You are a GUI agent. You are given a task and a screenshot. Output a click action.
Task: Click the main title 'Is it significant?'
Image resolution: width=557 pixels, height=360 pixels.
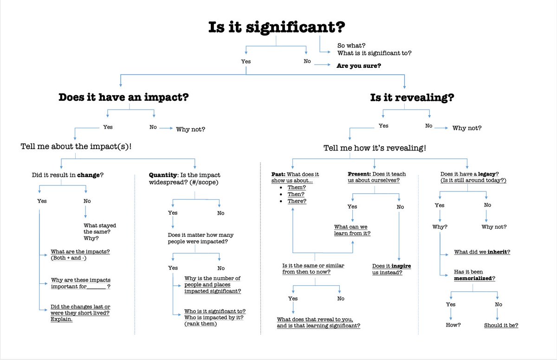[277, 27]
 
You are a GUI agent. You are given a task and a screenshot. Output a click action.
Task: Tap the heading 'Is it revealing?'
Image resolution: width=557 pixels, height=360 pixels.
[412, 98]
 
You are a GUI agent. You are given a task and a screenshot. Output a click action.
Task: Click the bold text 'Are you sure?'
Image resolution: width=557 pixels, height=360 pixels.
[359, 66]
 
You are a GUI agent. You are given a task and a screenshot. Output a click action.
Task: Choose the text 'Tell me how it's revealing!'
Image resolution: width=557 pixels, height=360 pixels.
[375, 148]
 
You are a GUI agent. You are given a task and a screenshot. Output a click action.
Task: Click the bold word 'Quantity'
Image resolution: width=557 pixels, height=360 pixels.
[161, 175]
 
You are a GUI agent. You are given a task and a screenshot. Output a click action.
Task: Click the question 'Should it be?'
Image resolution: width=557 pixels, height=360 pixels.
[501, 325]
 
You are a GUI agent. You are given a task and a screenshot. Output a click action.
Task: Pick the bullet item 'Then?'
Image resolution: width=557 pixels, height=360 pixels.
[296, 194]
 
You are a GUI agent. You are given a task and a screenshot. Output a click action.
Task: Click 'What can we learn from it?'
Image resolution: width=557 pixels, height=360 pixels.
[352, 230]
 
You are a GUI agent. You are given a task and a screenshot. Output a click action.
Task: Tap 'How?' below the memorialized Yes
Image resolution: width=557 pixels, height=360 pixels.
[453, 325]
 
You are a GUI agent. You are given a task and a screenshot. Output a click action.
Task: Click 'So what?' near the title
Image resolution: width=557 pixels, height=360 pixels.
[351, 45]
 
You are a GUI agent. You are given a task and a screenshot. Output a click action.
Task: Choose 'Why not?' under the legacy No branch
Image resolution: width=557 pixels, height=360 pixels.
[494, 227]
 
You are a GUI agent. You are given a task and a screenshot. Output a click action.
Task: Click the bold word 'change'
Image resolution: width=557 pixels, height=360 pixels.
[88, 175]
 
